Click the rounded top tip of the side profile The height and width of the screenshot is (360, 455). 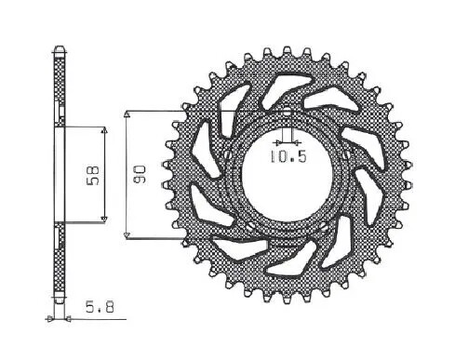58,47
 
